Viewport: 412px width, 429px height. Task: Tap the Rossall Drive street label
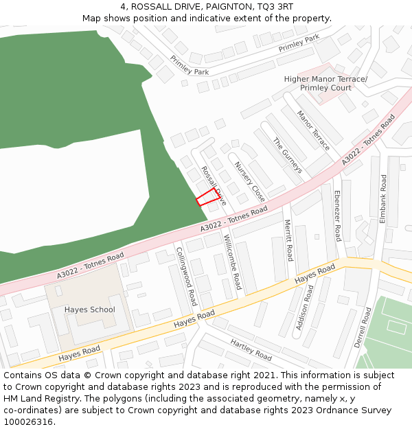tap(212, 184)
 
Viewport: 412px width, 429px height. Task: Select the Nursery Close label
tap(249, 181)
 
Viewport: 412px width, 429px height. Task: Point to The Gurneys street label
tap(288, 155)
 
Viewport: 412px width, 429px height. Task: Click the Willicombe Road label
tap(233, 262)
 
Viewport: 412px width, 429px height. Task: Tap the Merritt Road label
tap(288, 240)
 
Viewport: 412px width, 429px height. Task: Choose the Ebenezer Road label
tap(336, 216)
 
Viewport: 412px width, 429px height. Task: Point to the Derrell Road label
tap(362, 327)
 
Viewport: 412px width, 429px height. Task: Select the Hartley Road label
tap(251, 350)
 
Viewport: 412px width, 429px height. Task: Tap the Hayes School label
tap(90, 310)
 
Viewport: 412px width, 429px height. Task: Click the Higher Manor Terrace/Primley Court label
tap(325, 84)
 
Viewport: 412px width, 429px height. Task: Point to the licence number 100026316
tap(29, 422)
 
